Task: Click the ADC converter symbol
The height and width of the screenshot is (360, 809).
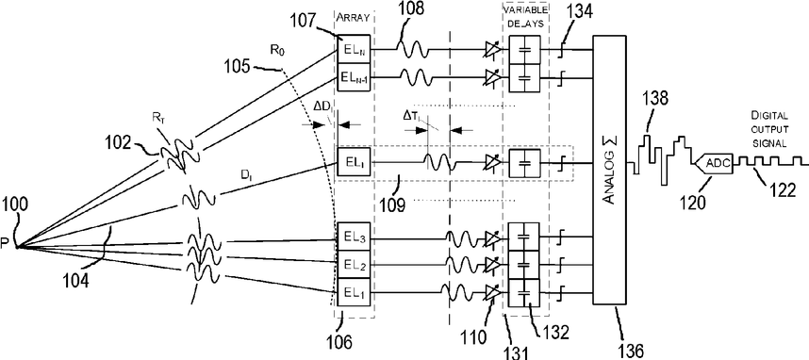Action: [x=714, y=162]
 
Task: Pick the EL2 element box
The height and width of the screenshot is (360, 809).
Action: [x=354, y=265]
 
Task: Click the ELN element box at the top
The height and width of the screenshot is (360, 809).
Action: [x=354, y=50]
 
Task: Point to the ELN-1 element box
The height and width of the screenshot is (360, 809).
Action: [x=354, y=77]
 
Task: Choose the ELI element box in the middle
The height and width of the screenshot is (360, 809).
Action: [x=354, y=163]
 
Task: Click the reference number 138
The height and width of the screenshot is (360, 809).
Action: [x=653, y=99]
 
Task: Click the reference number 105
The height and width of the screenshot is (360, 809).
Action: [x=238, y=68]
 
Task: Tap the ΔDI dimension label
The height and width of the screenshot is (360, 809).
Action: [x=324, y=111]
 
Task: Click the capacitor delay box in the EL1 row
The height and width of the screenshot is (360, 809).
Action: [x=523, y=292]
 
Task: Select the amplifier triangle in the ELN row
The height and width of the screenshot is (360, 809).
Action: [x=493, y=51]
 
